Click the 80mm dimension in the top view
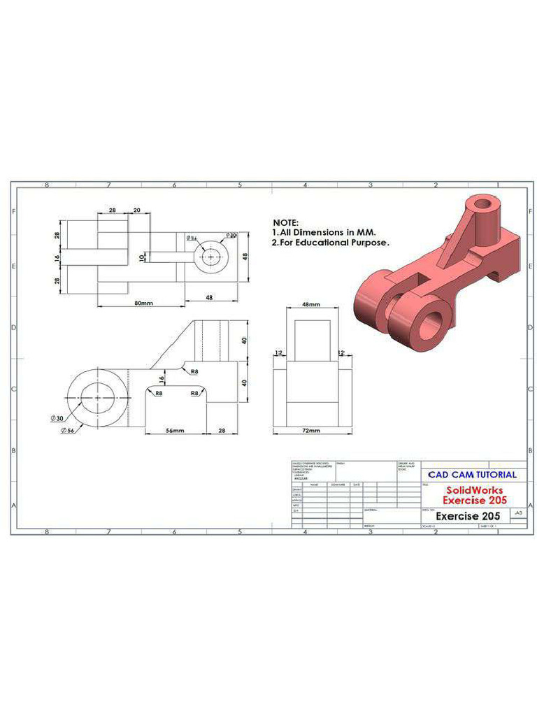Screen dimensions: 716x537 click(144, 303)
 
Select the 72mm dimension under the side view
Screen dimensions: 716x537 click(310, 430)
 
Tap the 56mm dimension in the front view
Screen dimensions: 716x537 click(175, 431)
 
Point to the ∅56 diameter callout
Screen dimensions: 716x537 click(67, 429)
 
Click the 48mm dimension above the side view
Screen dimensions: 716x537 click(310, 305)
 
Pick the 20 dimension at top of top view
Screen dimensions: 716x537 click(137, 210)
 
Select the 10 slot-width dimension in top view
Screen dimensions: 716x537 click(143, 257)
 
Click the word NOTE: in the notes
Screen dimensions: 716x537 click(285, 222)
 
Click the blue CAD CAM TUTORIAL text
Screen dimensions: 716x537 click(473, 475)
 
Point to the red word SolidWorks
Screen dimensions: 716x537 click(474, 490)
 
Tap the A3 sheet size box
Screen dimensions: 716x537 click(517, 513)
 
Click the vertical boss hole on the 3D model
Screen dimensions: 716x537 click(483, 205)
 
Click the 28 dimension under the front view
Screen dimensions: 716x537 click(222, 431)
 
